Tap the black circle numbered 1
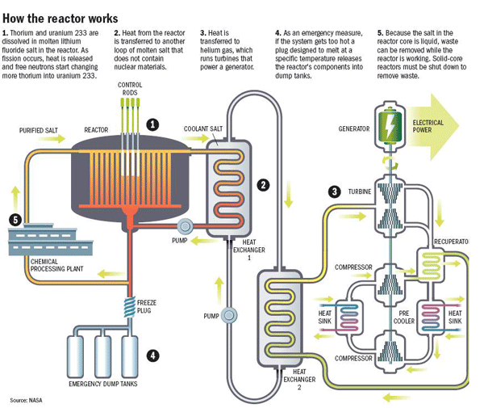point(152,124)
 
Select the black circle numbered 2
point(263,184)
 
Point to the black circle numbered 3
point(333,191)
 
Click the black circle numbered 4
point(152,353)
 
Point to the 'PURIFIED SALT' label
point(39,129)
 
